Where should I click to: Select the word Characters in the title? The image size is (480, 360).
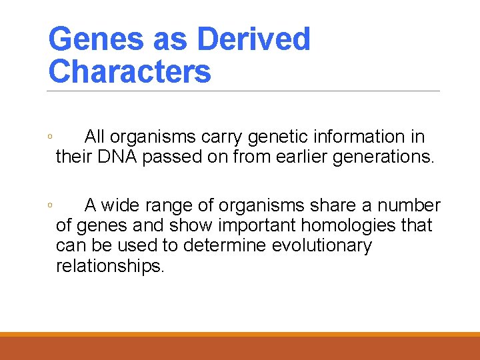pos(130,71)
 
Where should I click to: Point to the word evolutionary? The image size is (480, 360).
pos(322,246)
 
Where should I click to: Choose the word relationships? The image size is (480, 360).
pos(110,267)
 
